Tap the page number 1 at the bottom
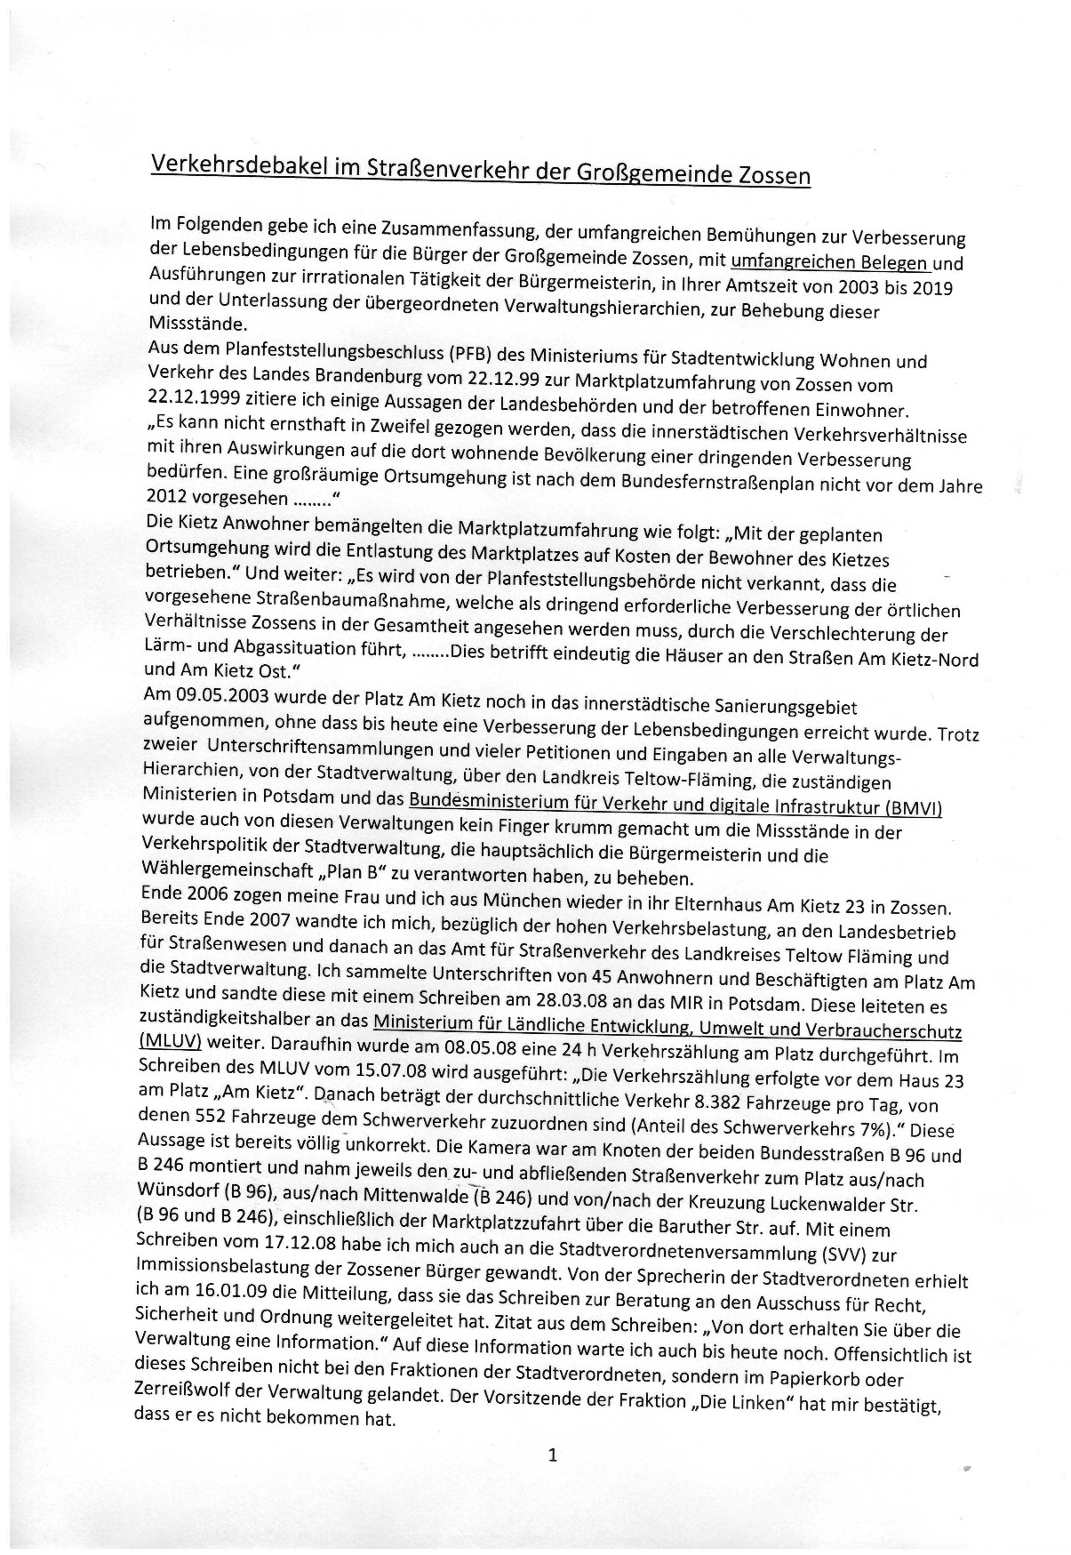[553, 1455]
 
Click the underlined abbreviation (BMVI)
[915, 807]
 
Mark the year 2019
[929, 289]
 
